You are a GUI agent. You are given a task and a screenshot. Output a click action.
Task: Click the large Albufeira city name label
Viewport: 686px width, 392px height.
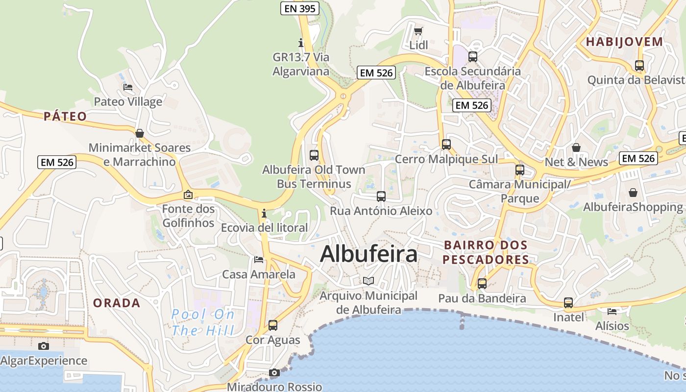pyautogui.click(x=368, y=254)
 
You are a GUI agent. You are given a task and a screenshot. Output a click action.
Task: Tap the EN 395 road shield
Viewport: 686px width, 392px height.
pyautogui.click(x=300, y=8)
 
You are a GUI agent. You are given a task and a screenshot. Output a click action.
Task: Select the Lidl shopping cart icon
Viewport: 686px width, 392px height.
pyautogui.click(x=418, y=31)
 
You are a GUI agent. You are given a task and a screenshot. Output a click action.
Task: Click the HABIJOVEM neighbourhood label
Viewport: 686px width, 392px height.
pyautogui.click(x=624, y=42)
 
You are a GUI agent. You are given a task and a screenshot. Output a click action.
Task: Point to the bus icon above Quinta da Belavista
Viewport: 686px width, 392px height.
pyautogui.click(x=639, y=65)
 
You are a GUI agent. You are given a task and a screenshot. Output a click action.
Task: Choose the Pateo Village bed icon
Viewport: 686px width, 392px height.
pyautogui.click(x=128, y=87)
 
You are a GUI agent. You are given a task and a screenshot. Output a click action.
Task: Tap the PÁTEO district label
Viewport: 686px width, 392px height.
pyautogui.click(x=65, y=117)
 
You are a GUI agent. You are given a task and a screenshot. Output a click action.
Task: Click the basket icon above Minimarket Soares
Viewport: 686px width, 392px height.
pyautogui.click(x=140, y=133)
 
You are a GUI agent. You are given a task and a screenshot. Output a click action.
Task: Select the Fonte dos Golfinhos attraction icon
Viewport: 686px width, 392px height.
pyautogui.click(x=188, y=195)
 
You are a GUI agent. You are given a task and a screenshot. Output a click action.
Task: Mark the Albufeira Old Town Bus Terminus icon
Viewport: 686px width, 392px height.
pyautogui.click(x=314, y=155)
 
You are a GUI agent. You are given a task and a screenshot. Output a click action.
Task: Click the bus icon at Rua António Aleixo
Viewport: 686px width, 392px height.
pyautogui.click(x=381, y=196)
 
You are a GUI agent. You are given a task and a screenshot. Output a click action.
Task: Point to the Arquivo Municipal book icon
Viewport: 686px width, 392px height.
pyautogui.click(x=368, y=281)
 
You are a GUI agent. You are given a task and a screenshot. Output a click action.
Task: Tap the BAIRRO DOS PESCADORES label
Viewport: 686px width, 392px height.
pyautogui.click(x=486, y=252)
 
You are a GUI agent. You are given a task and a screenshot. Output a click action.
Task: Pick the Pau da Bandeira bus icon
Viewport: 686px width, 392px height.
pyautogui.click(x=482, y=283)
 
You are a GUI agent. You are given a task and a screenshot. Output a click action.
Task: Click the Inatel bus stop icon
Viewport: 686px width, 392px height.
pyautogui.click(x=568, y=303)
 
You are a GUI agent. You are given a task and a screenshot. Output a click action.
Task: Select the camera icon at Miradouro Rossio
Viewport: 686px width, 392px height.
pyautogui.click(x=274, y=373)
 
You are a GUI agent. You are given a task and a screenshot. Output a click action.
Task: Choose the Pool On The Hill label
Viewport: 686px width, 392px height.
pyautogui.click(x=203, y=322)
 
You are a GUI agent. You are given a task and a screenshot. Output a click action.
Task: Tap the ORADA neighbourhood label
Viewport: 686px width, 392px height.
pyautogui.click(x=117, y=303)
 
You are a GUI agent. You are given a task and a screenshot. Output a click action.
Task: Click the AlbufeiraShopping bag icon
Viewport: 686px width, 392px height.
pyautogui.click(x=633, y=193)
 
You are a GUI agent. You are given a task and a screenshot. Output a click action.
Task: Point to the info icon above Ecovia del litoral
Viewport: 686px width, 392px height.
pyautogui.click(x=264, y=214)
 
